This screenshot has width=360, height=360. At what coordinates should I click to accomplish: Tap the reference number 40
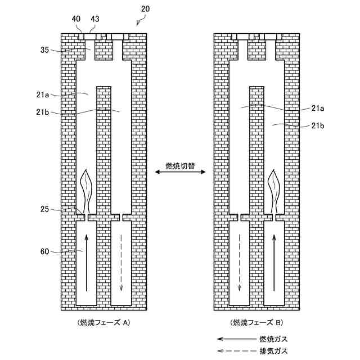tap(76, 19)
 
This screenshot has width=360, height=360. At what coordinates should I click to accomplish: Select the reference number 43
tap(94, 19)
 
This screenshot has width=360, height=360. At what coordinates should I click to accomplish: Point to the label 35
tap(45, 49)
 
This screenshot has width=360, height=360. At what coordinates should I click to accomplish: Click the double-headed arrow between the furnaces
tap(180, 175)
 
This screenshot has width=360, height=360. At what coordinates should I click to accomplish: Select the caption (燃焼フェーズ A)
tap(105, 323)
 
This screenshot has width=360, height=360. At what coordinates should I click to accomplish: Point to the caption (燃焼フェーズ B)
tap(256, 323)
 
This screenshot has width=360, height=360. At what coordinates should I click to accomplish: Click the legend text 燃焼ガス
tap(273, 339)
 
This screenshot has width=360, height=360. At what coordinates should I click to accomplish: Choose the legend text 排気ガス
tap(273, 351)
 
